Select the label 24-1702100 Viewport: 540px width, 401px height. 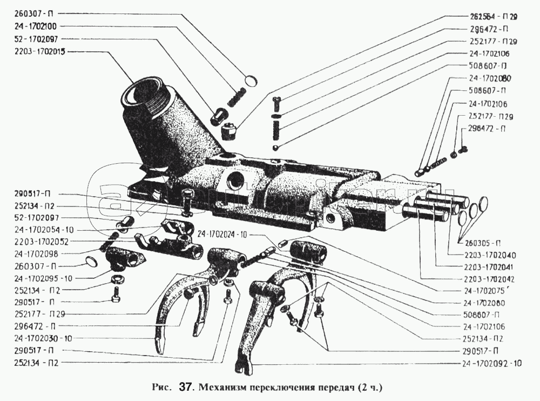coord(32,25)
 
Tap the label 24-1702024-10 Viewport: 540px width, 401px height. coord(222,234)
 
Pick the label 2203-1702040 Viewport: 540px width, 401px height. coord(489,255)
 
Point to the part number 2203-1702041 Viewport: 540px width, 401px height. coord(489,267)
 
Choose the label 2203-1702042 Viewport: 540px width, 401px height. coord(489,279)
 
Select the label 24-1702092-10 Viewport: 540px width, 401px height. coord(492,363)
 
